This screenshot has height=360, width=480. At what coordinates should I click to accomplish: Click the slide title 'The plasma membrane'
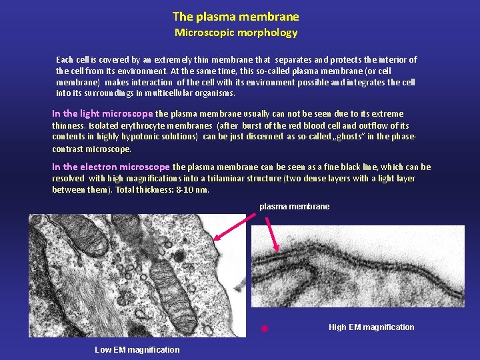pos(235,17)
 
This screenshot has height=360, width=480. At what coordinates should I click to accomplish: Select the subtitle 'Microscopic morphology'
pos(235,33)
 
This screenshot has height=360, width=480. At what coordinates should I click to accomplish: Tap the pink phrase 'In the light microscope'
pos(102,114)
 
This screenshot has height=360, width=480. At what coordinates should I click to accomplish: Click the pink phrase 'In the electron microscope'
pos(111,167)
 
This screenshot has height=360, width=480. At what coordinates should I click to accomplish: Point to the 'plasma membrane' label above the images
pos(294,207)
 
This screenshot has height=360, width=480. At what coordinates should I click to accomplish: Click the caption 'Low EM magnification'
pos(137,350)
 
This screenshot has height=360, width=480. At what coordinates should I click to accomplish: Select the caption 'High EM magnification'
pos(371,327)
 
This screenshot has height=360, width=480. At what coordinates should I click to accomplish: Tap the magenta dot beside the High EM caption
pos(264,329)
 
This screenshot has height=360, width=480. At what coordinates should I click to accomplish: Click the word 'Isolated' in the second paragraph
pos(105,126)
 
